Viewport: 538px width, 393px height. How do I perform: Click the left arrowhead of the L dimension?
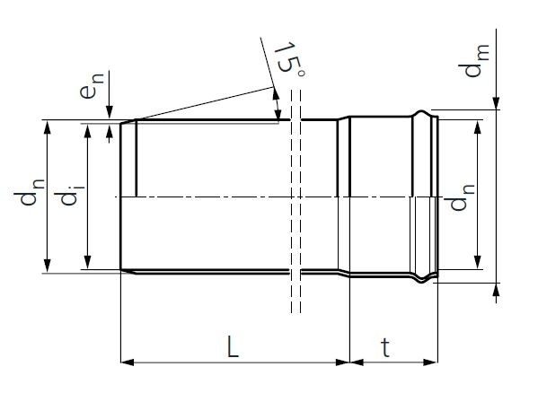click(127, 362)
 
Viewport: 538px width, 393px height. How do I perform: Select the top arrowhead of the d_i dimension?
click(88, 131)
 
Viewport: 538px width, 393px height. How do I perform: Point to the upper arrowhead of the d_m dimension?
click(494, 104)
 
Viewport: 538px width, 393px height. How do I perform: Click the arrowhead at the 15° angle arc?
click(278, 115)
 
